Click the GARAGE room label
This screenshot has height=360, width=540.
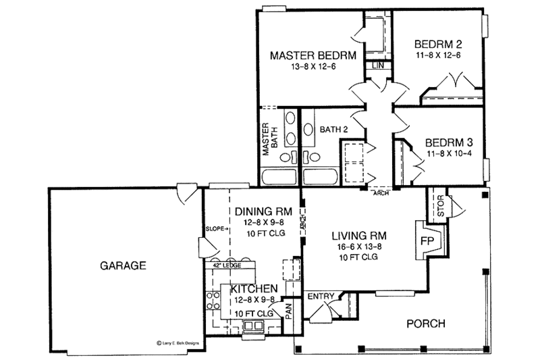pos(124,265)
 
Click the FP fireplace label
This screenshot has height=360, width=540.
pos(427,240)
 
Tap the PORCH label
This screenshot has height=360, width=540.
pos(427,324)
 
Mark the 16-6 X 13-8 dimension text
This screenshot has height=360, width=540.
pos(358,247)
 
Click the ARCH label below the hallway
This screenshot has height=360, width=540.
pos(381,193)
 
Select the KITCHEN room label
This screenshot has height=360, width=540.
pos(254,289)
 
